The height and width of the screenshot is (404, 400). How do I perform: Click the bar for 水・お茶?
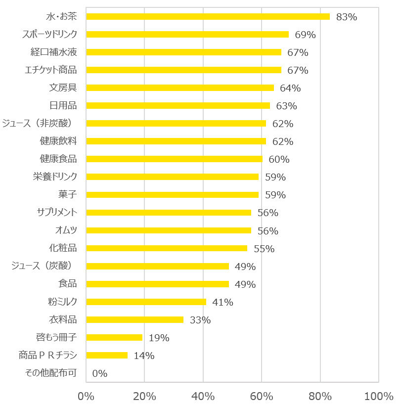[x=208, y=16]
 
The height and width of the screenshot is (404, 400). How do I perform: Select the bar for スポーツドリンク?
[x=187, y=34]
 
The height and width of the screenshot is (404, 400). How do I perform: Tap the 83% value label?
[x=346, y=17]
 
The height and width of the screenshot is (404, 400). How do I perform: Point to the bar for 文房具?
[x=180, y=88]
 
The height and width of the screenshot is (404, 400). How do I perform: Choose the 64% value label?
[x=290, y=88]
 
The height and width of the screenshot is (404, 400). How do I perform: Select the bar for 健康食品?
[x=174, y=159]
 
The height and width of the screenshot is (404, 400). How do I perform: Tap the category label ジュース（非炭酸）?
[x=44, y=123]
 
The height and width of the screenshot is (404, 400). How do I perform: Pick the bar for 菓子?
[x=173, y=194]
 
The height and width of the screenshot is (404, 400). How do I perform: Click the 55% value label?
[x=264, y=249]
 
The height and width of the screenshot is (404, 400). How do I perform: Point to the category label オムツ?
[x=67, y=230]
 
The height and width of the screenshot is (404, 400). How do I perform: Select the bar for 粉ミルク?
[x=146, y=302]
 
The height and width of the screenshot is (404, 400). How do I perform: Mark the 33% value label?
[x=200, y=320]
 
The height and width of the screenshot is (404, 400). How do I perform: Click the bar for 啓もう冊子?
[x=114, y=337]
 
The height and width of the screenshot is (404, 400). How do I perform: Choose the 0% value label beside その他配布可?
[x=99, y=373]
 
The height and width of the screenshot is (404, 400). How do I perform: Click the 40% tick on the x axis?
[x=203, y=396]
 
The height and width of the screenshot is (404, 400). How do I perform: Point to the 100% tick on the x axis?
[x=379, y=396]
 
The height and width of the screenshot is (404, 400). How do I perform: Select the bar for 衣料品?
[x=134, y=319]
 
